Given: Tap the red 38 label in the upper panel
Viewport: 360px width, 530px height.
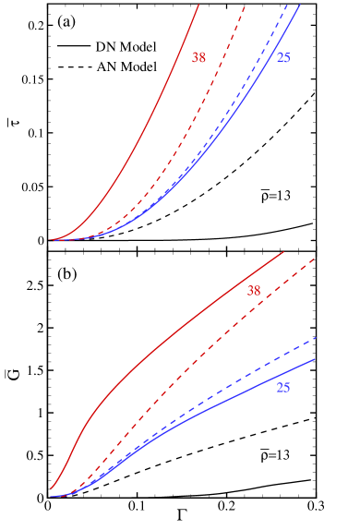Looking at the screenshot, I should pos(198,57).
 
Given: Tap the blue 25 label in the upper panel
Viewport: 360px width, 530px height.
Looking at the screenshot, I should pos(283,57).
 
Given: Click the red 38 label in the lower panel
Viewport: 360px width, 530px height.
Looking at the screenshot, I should pos(254,290).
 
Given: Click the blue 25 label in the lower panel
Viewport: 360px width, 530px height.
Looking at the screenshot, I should pos(283,388).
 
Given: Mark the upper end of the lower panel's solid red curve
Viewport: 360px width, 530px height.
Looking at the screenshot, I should pos(282,251).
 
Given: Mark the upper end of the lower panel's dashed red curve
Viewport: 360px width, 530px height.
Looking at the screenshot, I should pos(316,259).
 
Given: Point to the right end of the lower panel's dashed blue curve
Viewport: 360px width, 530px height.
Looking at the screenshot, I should pos(316,338).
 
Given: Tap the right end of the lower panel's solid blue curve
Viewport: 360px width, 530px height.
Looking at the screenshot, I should pos(316,359).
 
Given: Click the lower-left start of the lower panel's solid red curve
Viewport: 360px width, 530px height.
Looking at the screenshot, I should pos(51,489).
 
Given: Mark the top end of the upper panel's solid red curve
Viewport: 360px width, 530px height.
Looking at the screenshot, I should pos(198,5).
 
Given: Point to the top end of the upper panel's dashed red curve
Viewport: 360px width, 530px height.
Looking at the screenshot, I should pos(244,6).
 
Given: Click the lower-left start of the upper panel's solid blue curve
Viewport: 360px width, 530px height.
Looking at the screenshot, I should pos(52,239).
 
